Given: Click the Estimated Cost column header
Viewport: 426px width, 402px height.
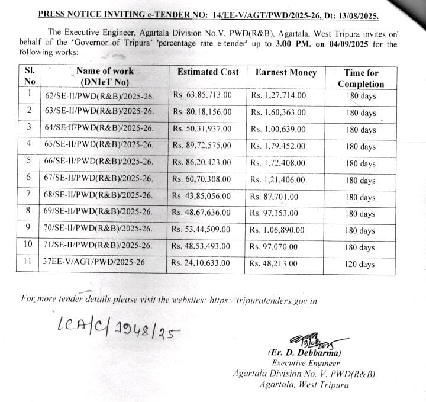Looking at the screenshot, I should (x=208, y=72).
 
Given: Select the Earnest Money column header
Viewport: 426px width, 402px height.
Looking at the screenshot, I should (x=286, y=72).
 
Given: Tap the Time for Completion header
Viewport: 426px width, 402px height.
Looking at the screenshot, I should (x=361, y=78).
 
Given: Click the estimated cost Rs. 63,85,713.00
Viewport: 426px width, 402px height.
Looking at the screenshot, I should (x=202, y=94).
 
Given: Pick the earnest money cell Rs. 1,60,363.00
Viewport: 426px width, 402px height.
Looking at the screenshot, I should (x=277, y=111).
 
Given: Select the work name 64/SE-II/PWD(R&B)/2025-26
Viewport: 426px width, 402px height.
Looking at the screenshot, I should (x=99, y=128).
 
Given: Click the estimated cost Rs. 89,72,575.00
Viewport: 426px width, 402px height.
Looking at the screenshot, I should (x=202, y=145).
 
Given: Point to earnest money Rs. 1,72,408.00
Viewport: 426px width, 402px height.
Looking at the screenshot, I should (x=277, y=162).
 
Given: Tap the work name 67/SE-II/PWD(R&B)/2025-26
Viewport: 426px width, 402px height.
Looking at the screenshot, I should (x=99, y=179).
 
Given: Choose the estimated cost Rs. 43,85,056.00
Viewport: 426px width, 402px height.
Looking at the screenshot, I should (x=202, y=195).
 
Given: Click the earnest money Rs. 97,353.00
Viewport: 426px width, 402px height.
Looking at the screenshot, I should (x=274, y=213).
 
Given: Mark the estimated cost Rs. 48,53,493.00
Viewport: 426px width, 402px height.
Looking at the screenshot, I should (x=201, y=246).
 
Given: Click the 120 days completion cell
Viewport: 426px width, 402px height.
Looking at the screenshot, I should (x=360, y=264).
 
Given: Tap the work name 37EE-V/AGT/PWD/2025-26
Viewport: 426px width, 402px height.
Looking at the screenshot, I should (x=93, y=262).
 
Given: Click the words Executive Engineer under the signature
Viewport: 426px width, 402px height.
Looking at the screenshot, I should (x=305, y=363).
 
